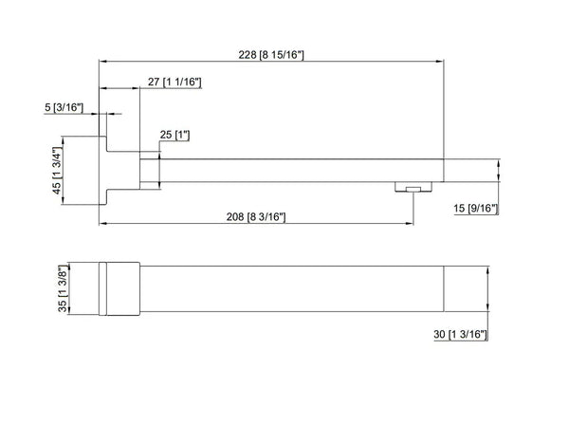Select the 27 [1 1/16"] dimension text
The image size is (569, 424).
[174, 83]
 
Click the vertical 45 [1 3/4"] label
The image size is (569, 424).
[57, 172]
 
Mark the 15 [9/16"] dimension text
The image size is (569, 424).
[477, 208]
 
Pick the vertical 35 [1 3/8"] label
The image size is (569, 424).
[64, 288]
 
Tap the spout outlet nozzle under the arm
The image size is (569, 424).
[411, 187]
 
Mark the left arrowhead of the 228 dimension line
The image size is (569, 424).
[102, 63]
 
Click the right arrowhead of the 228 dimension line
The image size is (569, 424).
[442, 63]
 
